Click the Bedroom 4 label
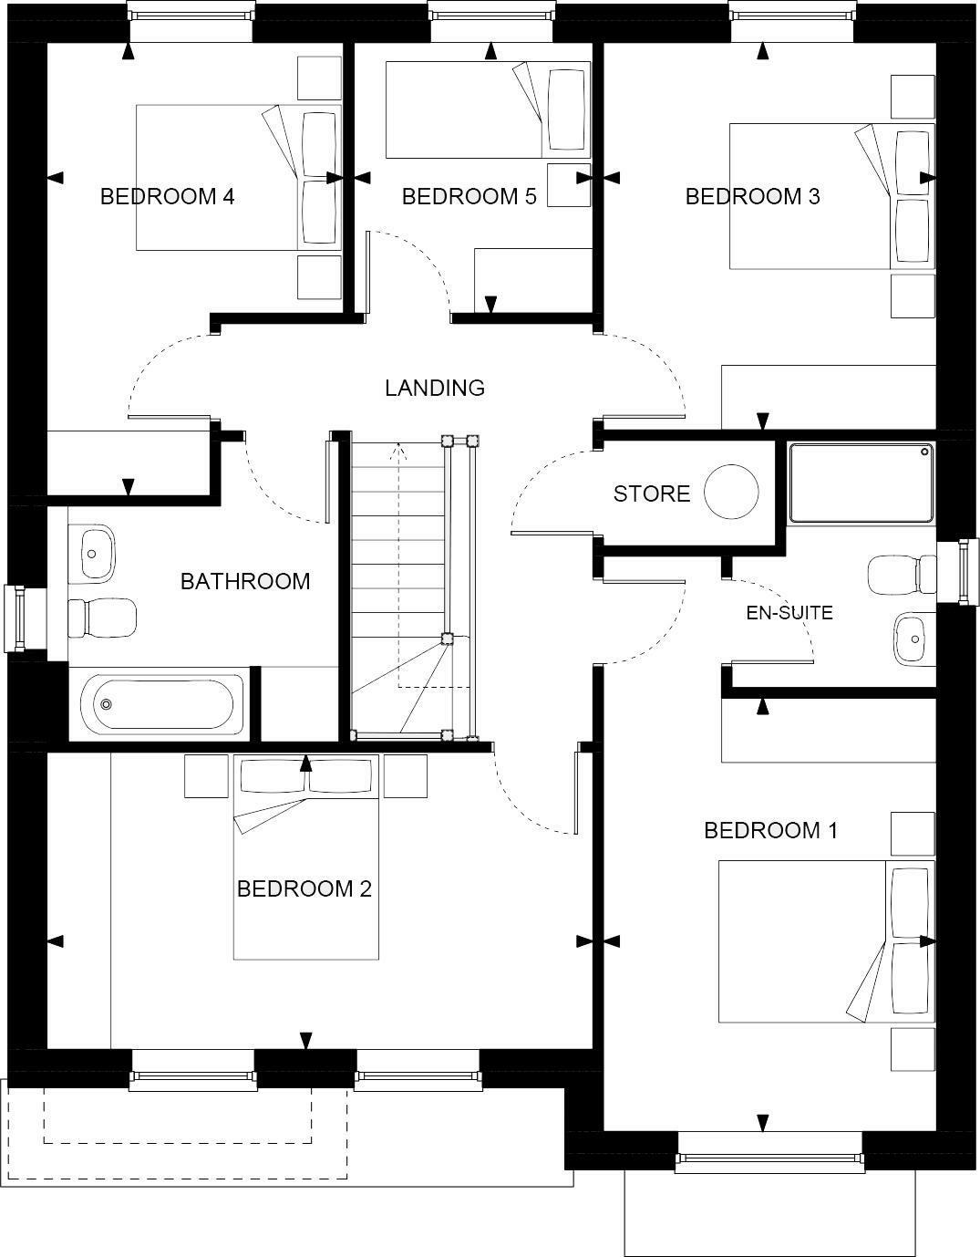click(x=167, y=196)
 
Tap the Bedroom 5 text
click(x=469, y=196)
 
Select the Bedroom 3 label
click(x=752, y=196)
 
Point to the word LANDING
click(x=434, y=388)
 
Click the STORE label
click(x=651, y=493)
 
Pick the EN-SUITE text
click(x=789, y=613)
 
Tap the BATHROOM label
click(x=244, y=581)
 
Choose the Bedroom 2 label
click(x=304, y=888)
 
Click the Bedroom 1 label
click(x=770, y=830)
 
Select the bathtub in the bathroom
click(x=162, y=704)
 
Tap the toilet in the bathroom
click(x=100, y=618)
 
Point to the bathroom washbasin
click(x=92, y=551)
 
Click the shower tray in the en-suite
click(x=861, y=483)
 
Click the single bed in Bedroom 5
click(x=488, y=109)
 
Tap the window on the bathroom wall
click(x=16, y=618)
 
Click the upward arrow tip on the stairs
click(x=398, y=447)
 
